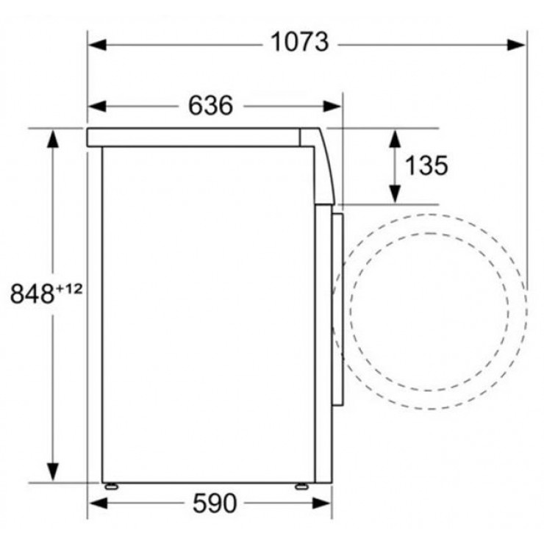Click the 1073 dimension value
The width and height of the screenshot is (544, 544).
point(299,43)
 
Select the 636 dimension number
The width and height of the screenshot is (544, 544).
point(210,105)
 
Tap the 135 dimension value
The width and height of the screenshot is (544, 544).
point(426,165)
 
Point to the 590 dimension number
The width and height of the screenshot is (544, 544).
point(215,503)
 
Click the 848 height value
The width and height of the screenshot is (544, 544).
point(32,294)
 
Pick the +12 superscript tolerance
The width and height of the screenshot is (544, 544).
point(68,289)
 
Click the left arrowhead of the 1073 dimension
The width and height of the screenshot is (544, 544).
point(98,45)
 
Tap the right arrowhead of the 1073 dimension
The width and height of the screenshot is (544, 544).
point(516,45)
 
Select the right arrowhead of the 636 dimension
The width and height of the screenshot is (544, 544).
point(332,106)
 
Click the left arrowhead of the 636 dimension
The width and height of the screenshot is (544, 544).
point(98,106)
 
